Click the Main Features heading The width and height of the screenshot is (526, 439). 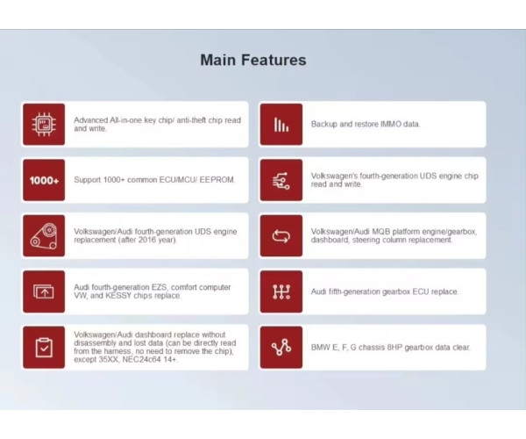point(253,60)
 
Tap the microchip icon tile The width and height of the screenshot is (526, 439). point(44,125)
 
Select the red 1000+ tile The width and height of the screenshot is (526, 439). point(44,180)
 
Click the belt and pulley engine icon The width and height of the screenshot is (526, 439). point(44,236)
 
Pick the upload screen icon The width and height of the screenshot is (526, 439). point(44,291)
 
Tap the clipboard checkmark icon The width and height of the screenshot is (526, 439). point(44,348)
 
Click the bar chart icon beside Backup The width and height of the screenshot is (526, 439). point(281,125)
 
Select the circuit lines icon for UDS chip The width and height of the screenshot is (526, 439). point(281,180)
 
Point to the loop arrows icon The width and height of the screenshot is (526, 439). point(281,236)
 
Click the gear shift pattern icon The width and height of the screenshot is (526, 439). point(281,291)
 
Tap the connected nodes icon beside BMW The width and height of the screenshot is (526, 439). point(281,348)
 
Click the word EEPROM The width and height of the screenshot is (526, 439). point(217,180)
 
